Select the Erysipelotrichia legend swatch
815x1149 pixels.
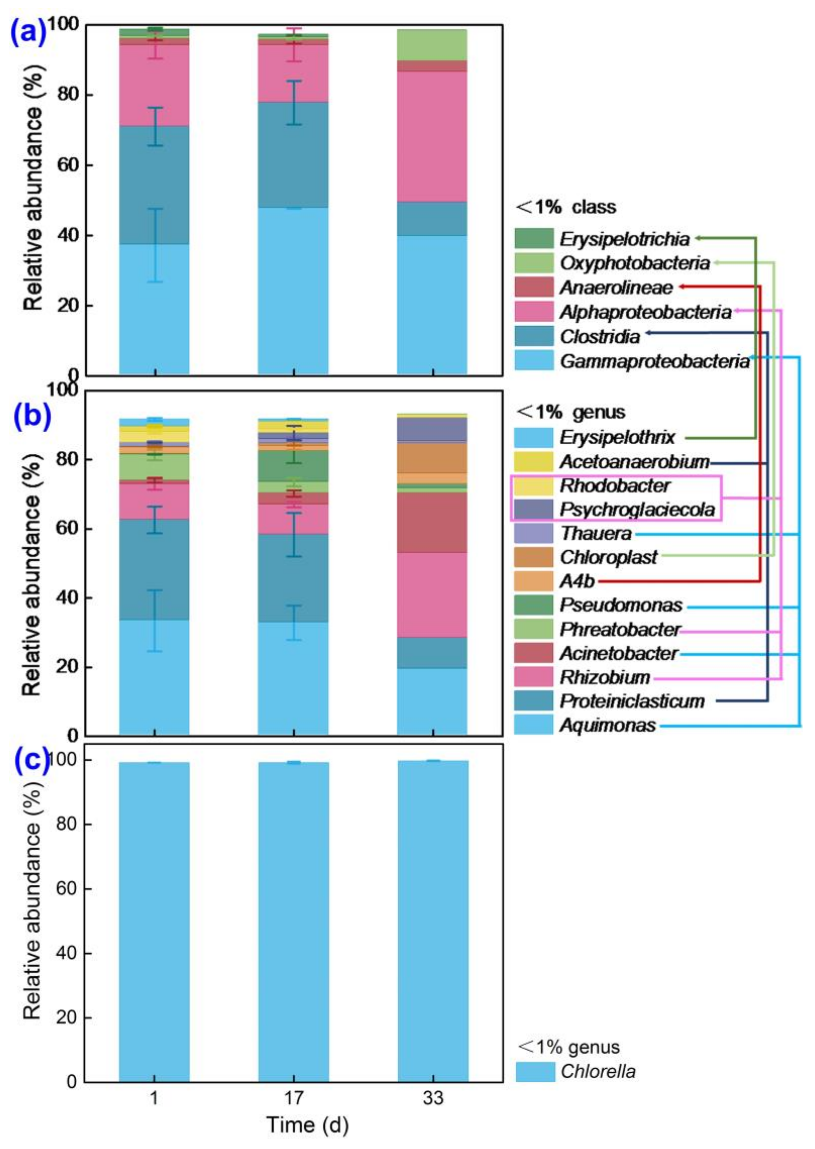[x=534, y=238]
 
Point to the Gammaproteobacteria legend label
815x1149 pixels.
[x=654, y=361]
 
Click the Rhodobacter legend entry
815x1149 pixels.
[x=615, y=486]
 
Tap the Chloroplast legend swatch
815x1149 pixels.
[x=534, y=557]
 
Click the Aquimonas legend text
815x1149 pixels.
[x=608, y=725]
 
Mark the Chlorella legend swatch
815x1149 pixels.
[x=535, y=1072]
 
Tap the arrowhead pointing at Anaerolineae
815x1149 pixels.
[x=683, y=287]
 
